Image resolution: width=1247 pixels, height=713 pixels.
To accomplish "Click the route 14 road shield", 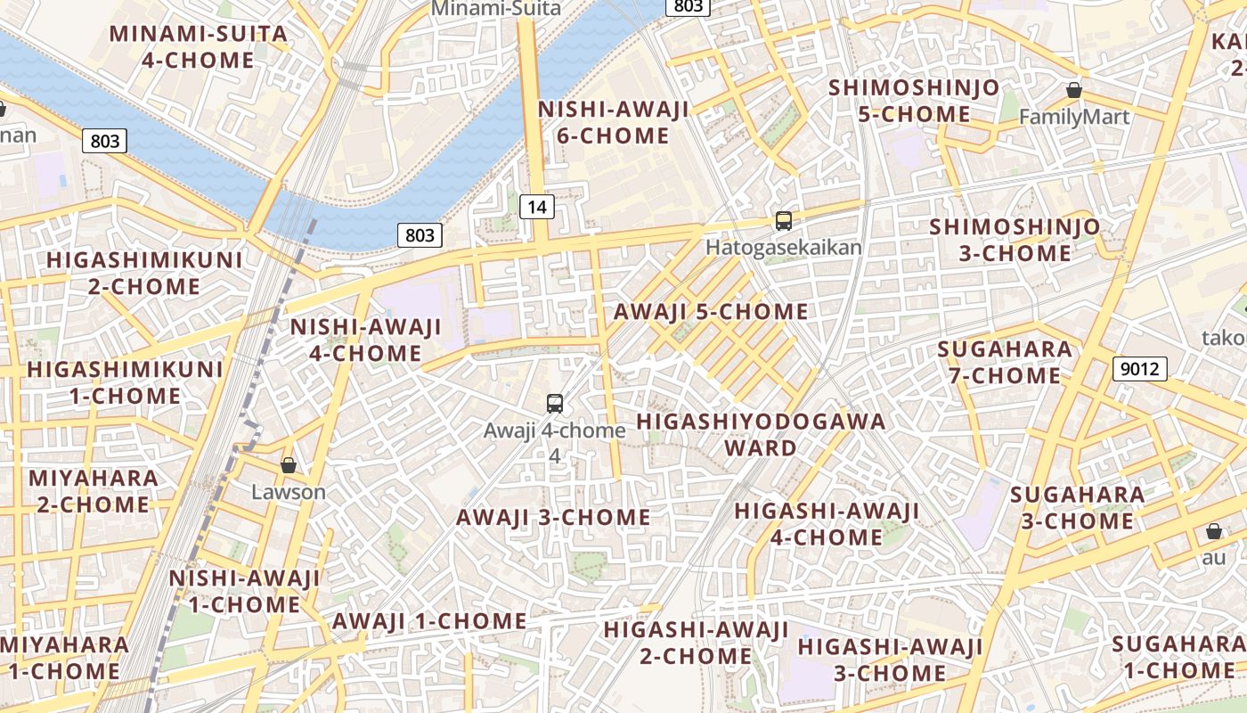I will coord(536,207).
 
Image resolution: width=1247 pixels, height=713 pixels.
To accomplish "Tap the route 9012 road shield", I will coord(1139,367).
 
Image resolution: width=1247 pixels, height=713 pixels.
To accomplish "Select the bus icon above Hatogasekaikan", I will coord(784,221).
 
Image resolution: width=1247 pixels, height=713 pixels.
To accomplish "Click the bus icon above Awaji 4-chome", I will coord(555,403).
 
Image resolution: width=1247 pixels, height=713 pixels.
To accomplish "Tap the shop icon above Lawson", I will coord(289,465).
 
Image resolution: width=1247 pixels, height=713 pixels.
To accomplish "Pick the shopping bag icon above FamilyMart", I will coord(1074,90).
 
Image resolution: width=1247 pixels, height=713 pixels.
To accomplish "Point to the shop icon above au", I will coord(1213,532).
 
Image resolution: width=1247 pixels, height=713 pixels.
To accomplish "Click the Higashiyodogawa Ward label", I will coord(761,434).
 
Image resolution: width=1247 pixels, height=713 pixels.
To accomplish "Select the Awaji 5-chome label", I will coord(711,312).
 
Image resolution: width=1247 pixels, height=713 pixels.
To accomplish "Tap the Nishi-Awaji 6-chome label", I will coord(614,123).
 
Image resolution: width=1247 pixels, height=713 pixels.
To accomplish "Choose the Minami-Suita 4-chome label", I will coord(199,47).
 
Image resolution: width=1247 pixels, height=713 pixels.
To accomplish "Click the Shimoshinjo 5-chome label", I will coord(914,102).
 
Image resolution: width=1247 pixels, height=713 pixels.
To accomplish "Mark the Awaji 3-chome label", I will coord(553,518).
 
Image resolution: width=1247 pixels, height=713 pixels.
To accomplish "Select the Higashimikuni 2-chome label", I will coord(144,274).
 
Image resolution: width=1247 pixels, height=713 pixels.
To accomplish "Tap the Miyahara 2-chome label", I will coord(94,491).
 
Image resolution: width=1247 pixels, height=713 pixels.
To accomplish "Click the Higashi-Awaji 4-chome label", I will coord(826,524).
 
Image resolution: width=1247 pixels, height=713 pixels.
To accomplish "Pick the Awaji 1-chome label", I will coord(429,621).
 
